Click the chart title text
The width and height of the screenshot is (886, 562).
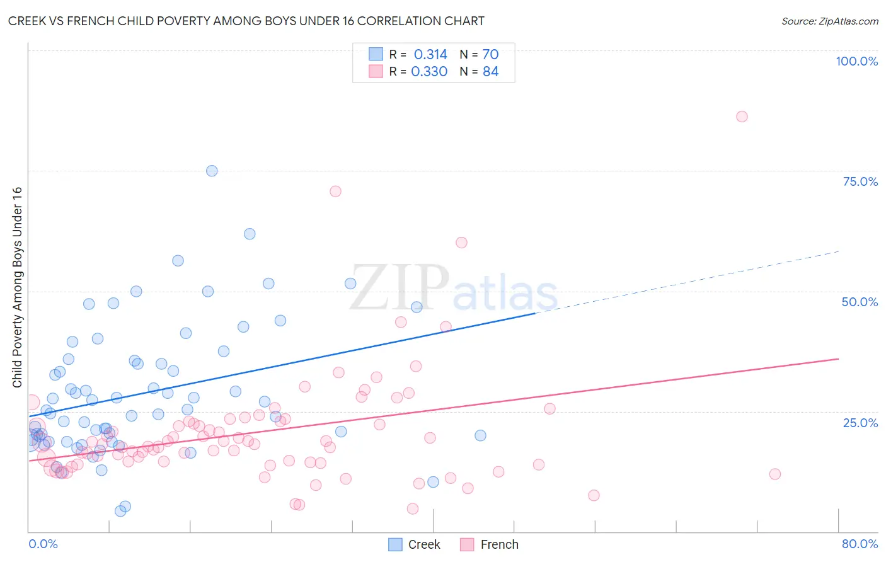(x=246, y=21)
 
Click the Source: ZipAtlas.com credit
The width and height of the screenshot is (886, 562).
(x=829, y=21)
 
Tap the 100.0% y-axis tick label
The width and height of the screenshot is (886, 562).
(x=856, y=61)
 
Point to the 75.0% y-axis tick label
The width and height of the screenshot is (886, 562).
(x=860, y=181)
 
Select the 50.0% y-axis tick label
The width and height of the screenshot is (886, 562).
(x=860, y=302)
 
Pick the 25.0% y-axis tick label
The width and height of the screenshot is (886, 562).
(x=860, y=422)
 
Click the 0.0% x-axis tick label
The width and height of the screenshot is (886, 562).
(x=43, y=544)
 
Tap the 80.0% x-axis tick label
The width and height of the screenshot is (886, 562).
(x=860, y=544)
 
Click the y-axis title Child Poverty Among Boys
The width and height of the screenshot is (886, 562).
(x=17, y=287)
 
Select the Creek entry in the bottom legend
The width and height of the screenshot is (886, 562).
(x=423, y=544)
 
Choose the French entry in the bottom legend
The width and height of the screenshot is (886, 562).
(x=499, y=544)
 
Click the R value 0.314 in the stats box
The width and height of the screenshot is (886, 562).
(x=430, y=55)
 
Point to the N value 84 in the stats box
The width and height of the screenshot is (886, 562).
(x=490, y=72)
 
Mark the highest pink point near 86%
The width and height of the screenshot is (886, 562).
(x=742, y=117)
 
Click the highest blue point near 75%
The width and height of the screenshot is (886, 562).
(x=212, y=171)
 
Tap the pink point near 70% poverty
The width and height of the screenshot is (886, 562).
(x=335, y=191)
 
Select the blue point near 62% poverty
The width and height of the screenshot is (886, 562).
(x=250, y=234)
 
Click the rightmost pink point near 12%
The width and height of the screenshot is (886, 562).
(x=775, y=474)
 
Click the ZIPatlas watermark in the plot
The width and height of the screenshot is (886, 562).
(x=454, y=289)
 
